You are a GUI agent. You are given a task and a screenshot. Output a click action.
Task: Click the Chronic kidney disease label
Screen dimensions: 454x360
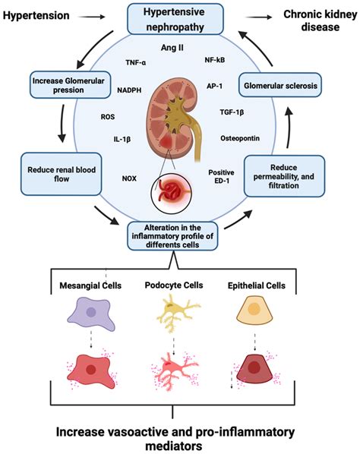(x=314, y=21)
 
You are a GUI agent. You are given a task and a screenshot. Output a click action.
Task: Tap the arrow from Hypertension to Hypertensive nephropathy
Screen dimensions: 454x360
(x=97, y=14)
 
